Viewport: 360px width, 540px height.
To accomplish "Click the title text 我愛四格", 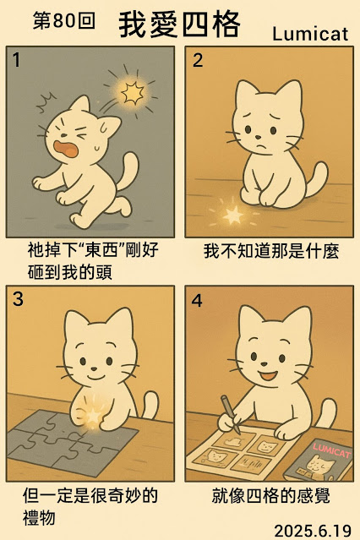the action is click(179, 25).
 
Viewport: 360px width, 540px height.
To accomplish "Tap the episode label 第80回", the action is click(64, 21).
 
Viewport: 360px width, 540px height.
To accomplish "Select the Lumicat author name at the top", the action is click(310, 34).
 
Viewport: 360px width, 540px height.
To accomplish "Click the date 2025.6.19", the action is click(313, 531).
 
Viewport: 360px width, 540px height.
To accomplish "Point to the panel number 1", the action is click(16, 60).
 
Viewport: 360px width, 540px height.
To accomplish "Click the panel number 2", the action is click(198, 60).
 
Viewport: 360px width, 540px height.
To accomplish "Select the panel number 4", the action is click(197, 300).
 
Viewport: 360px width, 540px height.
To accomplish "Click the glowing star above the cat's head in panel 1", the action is click(132, 93).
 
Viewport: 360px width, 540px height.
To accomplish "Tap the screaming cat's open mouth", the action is click(66, 149).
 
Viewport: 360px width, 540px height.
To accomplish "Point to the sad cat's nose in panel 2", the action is click(258, 137).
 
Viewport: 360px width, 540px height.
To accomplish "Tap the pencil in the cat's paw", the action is click(231, 414).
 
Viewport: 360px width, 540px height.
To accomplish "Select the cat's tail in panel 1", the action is click(127, 172).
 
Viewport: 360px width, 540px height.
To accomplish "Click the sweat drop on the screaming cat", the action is click(97, 148).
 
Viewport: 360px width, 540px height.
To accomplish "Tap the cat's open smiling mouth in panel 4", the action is click(269, 374).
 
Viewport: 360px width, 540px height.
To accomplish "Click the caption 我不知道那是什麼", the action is click(271, 251).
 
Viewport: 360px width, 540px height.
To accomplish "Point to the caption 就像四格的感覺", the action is click(271, 495).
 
